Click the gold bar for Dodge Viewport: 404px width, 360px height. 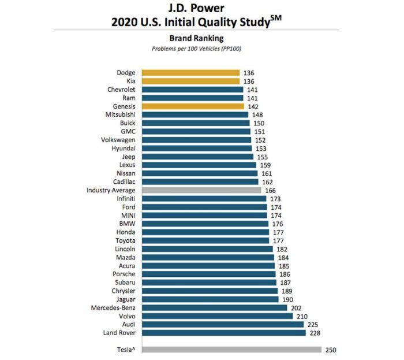pyautogui.click(x=190, y=73)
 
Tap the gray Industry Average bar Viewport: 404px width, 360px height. pyautogui.click(x=201, y=190)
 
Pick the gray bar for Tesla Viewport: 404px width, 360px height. pyautogui.click(x=231, y=349)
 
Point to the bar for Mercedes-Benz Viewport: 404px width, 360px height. pyautogui.click(x=214, y=307)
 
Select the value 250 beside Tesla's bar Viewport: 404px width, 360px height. pyautogui.click(x=330, y=350)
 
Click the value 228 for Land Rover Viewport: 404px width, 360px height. pyautogui.click(x=316, y=333)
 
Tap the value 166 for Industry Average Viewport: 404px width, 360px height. pyautogui.click(x=270, y=190)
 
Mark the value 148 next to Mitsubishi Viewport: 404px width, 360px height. pyautogui.click(x=257, y=115)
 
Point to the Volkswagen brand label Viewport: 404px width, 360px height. pyautogui.click(x=118, y=140)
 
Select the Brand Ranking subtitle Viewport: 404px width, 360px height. pyautogui.click(x=196, y=38)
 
